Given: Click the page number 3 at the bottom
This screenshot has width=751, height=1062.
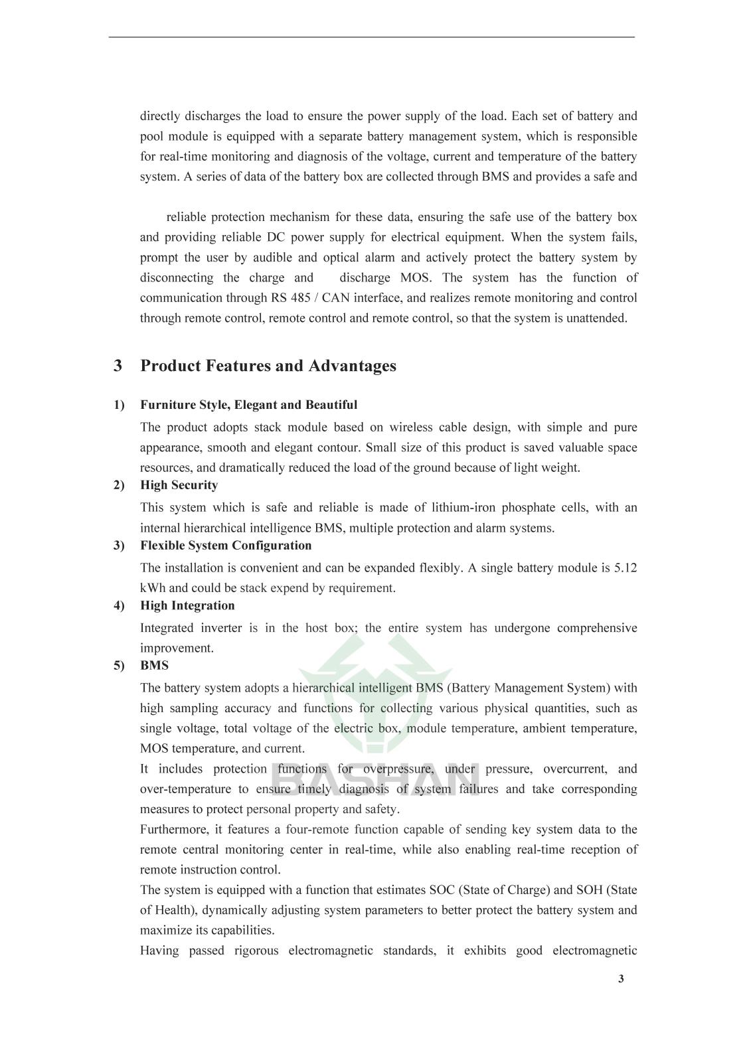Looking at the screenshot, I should (x=621, y=979).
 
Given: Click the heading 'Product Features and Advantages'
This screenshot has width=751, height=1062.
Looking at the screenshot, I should (x=268, y=366).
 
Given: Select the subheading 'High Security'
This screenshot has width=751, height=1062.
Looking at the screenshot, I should (x=179, y=485).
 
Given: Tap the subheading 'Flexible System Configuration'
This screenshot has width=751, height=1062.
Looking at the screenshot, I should (x=226, y=546).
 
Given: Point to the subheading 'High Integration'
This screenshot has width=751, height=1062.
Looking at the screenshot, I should (x=187, y=605).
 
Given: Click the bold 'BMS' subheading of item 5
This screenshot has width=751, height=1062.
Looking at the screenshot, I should (x=154, y=666).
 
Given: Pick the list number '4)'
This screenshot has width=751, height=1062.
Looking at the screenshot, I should (x=119, y=605).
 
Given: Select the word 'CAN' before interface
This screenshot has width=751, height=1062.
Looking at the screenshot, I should (x=335, y=298).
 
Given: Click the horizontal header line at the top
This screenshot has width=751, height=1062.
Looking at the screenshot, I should (x=372, y=37).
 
